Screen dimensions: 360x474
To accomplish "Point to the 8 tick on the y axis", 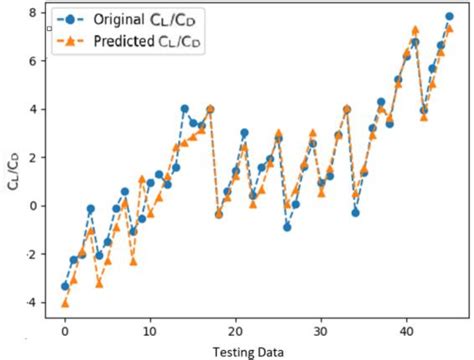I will (x=32, y=12).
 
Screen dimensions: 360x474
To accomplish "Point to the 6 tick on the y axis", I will (x=32, y=61).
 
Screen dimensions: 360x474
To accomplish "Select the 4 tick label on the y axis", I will (x=32, y=109).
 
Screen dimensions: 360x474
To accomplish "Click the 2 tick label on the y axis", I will (x=32, y=157).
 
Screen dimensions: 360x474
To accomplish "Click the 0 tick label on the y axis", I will (x=32, y=206).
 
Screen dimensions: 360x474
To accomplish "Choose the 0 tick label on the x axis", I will (x=65, y=328).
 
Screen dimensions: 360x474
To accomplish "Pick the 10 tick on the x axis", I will (x=150, y=328).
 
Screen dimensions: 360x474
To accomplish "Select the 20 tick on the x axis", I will (x=235, y=328).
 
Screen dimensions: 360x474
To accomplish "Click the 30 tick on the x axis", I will (x=320, y=328).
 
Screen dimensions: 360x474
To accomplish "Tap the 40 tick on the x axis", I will (x=405, y=328).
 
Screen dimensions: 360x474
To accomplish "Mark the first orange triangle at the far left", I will (x=65, y=303).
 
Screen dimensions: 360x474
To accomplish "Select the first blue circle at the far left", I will (x=65, y=285).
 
